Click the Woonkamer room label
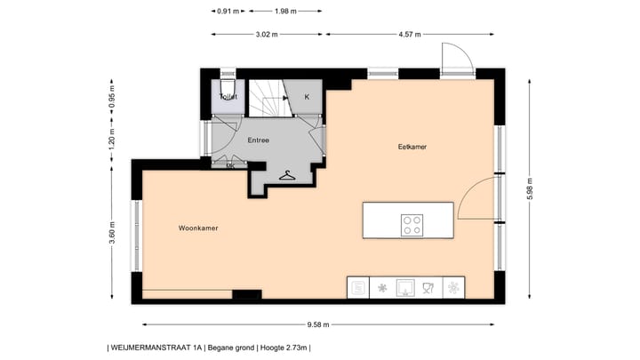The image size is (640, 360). click(198, 228)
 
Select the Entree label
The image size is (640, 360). click(258, 140)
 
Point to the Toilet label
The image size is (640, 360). click(228, 96)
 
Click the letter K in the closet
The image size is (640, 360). click(307, 97)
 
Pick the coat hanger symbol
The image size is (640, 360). click(286, 175)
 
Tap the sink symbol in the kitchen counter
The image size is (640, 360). click(405, 288)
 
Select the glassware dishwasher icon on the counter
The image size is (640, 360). click(429, 288)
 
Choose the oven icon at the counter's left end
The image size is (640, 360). click(358, 288)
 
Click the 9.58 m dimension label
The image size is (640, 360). click(317, 324)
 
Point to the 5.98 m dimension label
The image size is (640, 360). click(531, 194)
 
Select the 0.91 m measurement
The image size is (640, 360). click(227, 12)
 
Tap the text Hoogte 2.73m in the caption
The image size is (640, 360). click(283, 348)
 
